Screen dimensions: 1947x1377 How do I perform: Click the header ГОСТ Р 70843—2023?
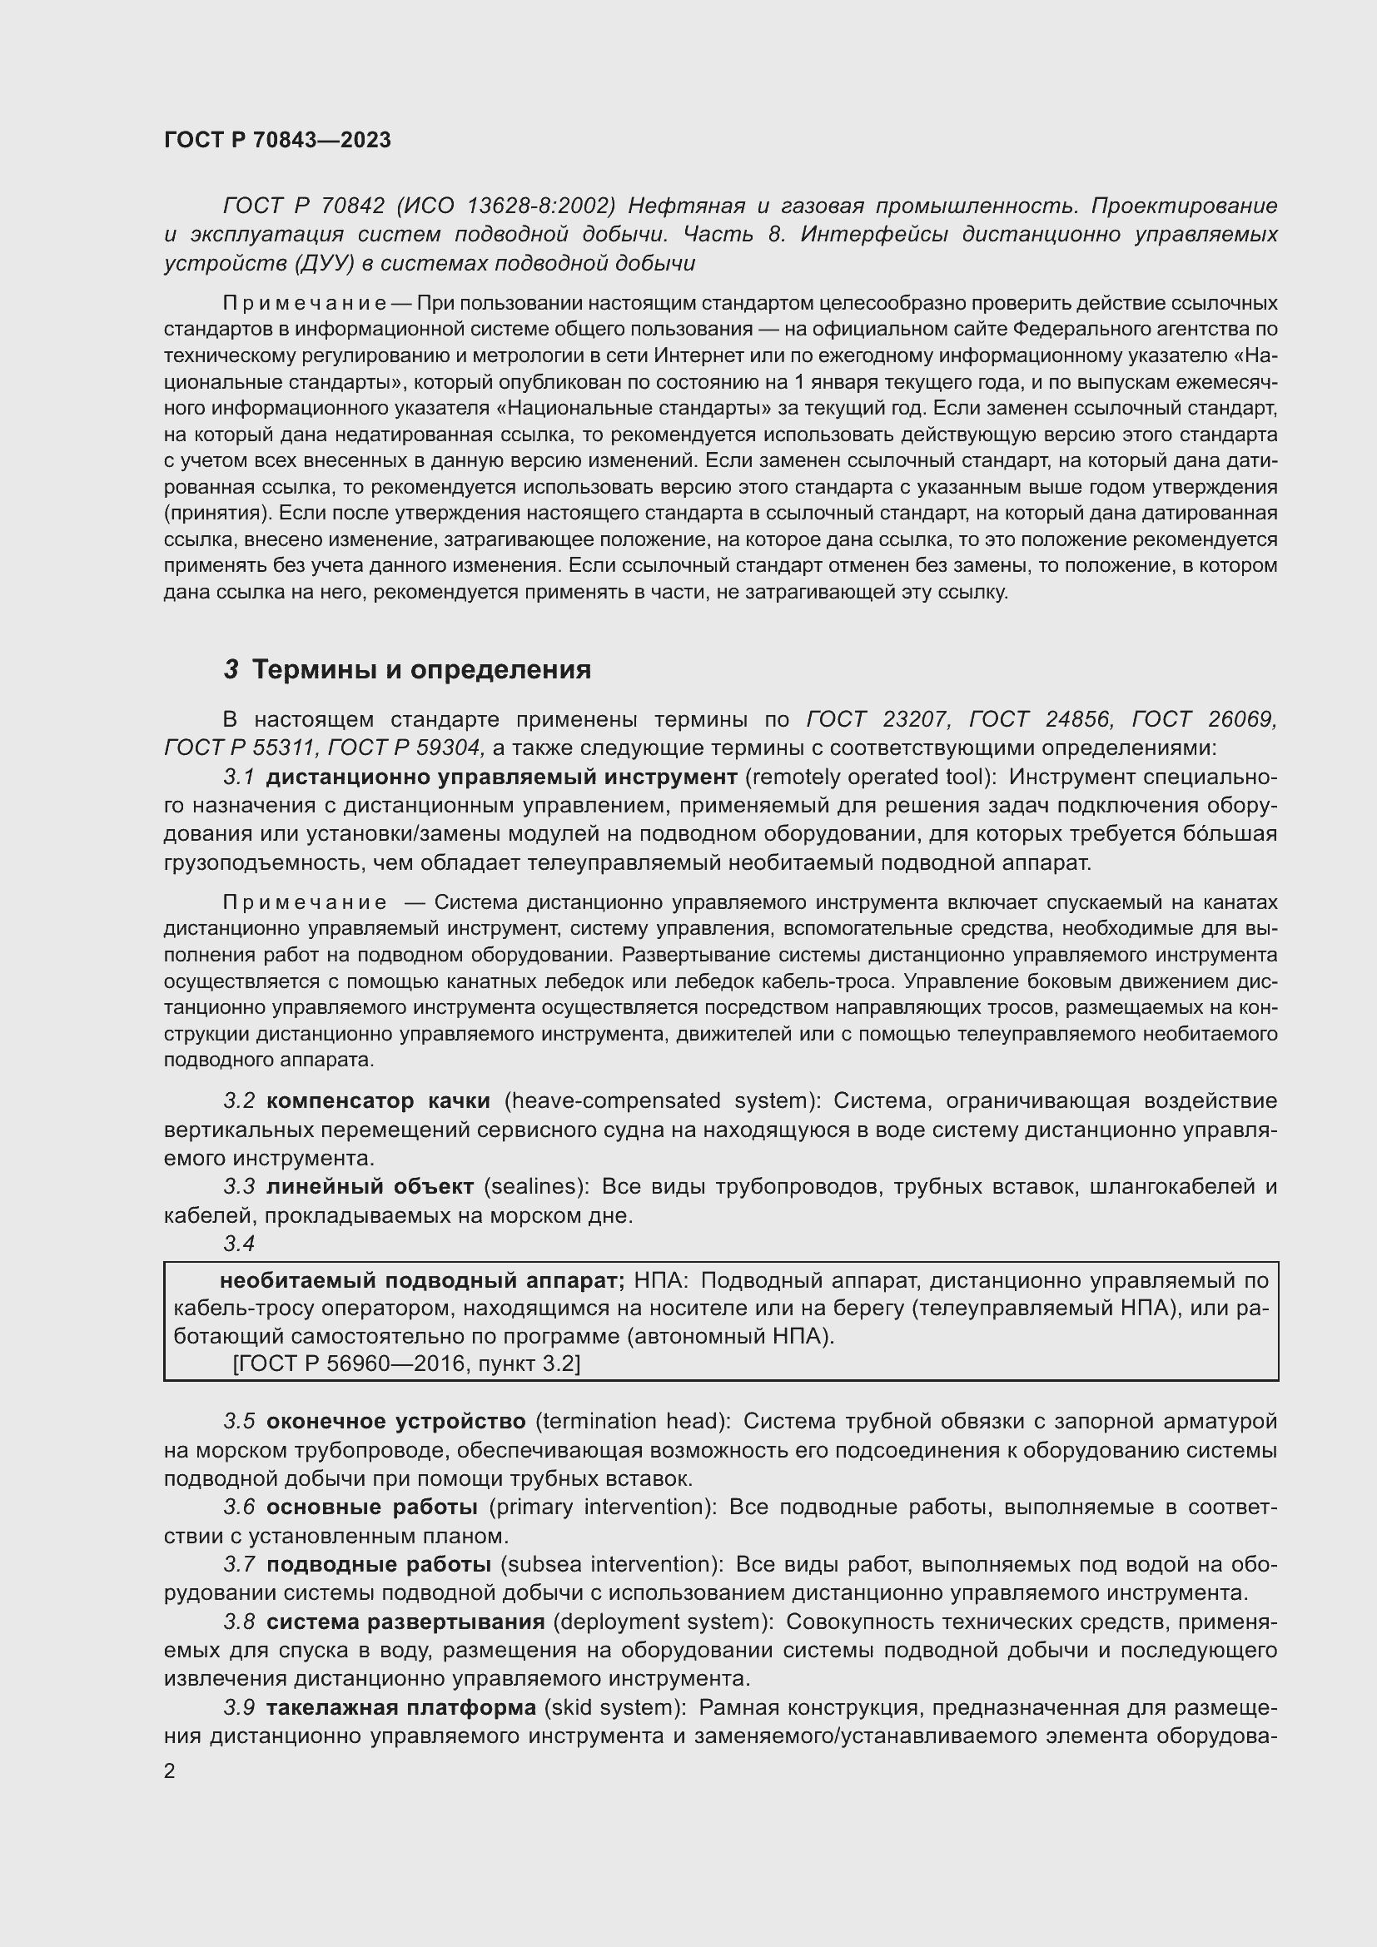[x=277, y=140]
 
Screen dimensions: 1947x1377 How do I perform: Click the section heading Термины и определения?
[x=421, y=670]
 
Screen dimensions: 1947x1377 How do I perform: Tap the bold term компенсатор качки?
[x=377, y=1101]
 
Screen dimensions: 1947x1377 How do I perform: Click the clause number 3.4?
[x=239, y=1243]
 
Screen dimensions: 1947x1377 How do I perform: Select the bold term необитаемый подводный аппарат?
[x=421, y=1280]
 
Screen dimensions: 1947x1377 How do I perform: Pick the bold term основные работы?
[x=371, y=1507]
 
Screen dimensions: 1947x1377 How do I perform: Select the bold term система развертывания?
[x=405, y=1622]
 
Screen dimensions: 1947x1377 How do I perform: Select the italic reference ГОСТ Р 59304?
[x=405, y=748]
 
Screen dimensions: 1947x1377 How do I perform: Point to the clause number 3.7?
[x=239, y=1565]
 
